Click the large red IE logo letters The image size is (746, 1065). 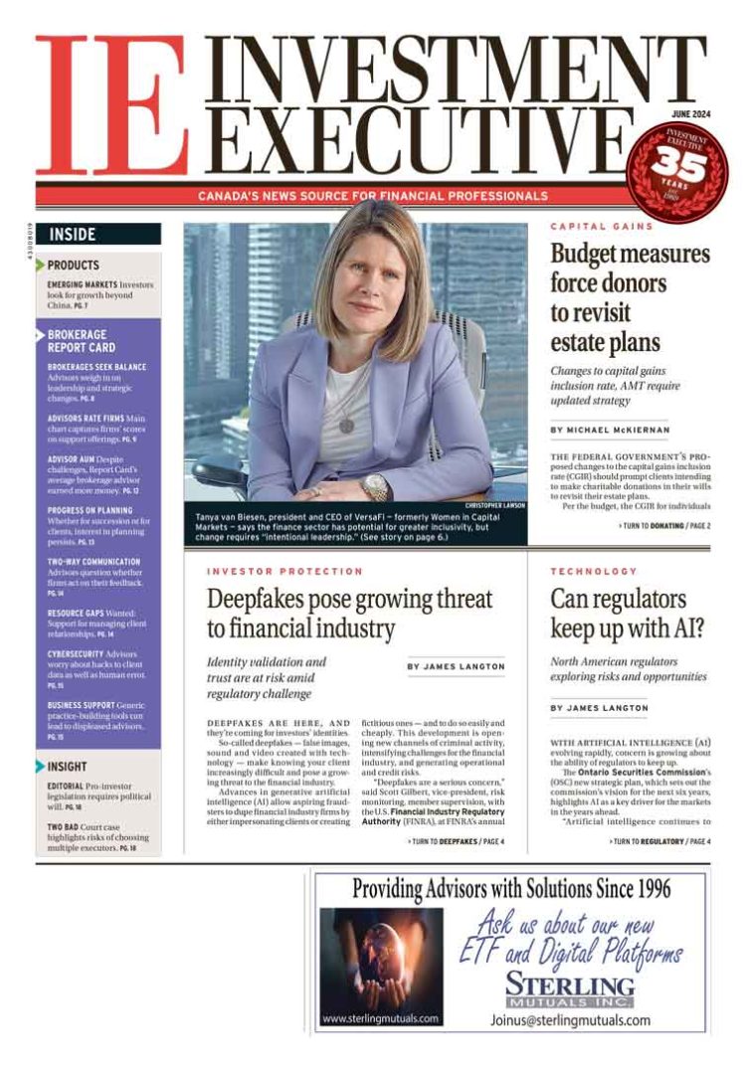point(109,106)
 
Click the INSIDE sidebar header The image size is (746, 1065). point(73,235)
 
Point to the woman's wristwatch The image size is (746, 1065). point(375,486)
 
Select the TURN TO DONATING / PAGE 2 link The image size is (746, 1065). point(663,525)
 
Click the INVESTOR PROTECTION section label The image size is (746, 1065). point(284,572)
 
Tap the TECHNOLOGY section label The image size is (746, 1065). point(593,572)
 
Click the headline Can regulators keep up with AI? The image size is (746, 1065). point(619,614)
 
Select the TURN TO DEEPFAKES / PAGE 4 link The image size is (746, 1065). point(456,841)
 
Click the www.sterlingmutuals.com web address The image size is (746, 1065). point(381,1018)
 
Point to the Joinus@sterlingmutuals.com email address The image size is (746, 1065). point(570,1020)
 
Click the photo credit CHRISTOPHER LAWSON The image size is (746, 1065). point(494,505)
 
